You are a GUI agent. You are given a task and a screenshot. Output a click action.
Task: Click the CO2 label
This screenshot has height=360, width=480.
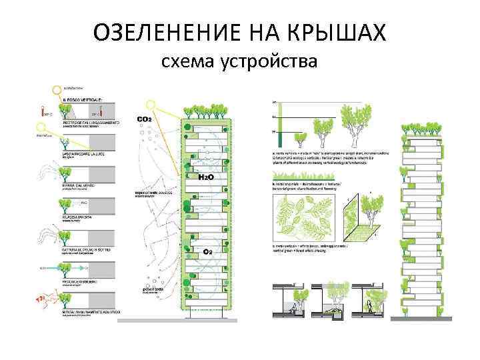pyautogui.click(x=144, y=119)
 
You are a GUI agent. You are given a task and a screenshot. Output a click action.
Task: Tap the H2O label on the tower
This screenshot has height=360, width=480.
pyautogui.click(x=205, y=178)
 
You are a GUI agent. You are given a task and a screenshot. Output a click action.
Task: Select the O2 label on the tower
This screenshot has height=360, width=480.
pyautogui.click(x=207, y=252)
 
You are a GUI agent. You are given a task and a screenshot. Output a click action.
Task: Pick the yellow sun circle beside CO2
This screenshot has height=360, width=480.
pyautogui.click(x=153, y=105)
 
